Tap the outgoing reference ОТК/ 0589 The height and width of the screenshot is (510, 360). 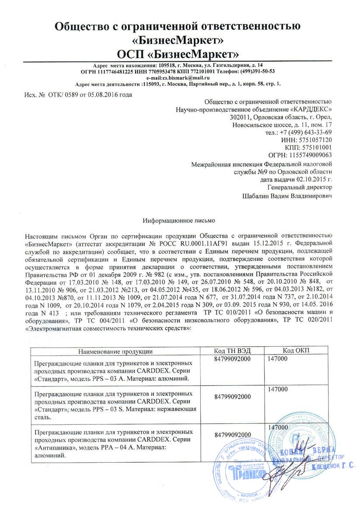[x=56, y=94]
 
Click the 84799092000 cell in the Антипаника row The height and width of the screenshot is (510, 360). [x=232, y=435]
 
